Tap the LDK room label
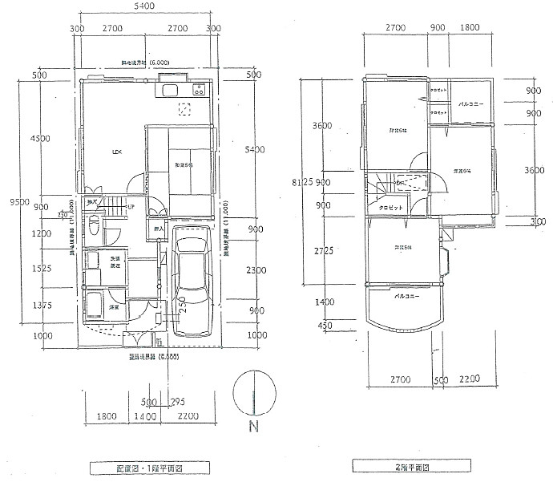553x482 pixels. pyautogui.click(x=117, y=152)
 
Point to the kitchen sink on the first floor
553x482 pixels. pyautogui.click(x=173, y=90)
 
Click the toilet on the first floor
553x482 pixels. pyautogui.click(x=94, y=227)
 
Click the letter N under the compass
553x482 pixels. pyautogui.click(x=253, y=427)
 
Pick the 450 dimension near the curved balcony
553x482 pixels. pyautogui.click(x=323, y=325)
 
